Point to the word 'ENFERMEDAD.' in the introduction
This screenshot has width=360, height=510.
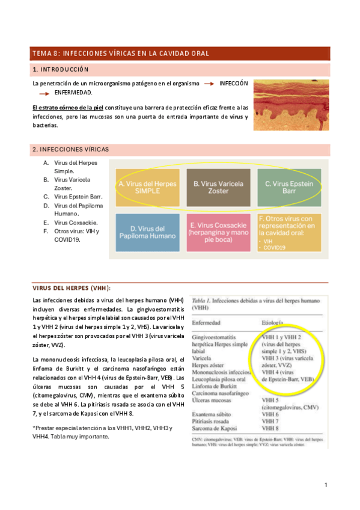[73, 93]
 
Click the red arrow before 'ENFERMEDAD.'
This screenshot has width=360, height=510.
[43, 94]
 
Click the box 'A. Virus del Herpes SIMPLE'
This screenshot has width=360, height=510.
[147, 187]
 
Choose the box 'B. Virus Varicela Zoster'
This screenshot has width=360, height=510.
[218, 187]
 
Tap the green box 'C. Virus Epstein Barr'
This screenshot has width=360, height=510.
[289, 187]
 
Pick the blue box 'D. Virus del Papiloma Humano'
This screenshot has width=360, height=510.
[147, 233]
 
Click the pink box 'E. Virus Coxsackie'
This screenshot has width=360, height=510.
[218, 233]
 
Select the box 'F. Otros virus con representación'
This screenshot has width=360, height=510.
[289, 233]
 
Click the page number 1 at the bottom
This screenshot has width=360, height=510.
[325, 485]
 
